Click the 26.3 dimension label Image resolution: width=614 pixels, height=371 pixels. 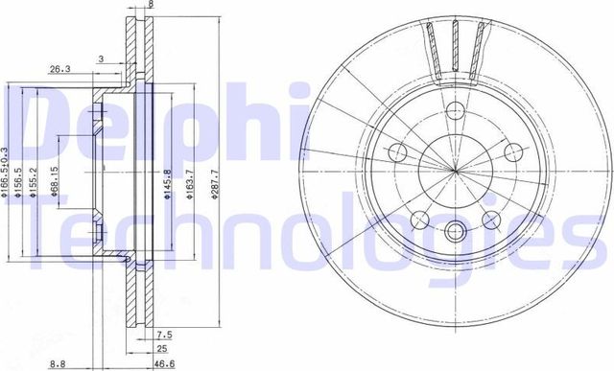[59, 69]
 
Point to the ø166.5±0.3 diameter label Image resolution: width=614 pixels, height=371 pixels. [6, 174]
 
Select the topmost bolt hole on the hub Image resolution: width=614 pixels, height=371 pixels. [455, 108]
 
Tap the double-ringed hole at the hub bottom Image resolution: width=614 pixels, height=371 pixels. [455, 229]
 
